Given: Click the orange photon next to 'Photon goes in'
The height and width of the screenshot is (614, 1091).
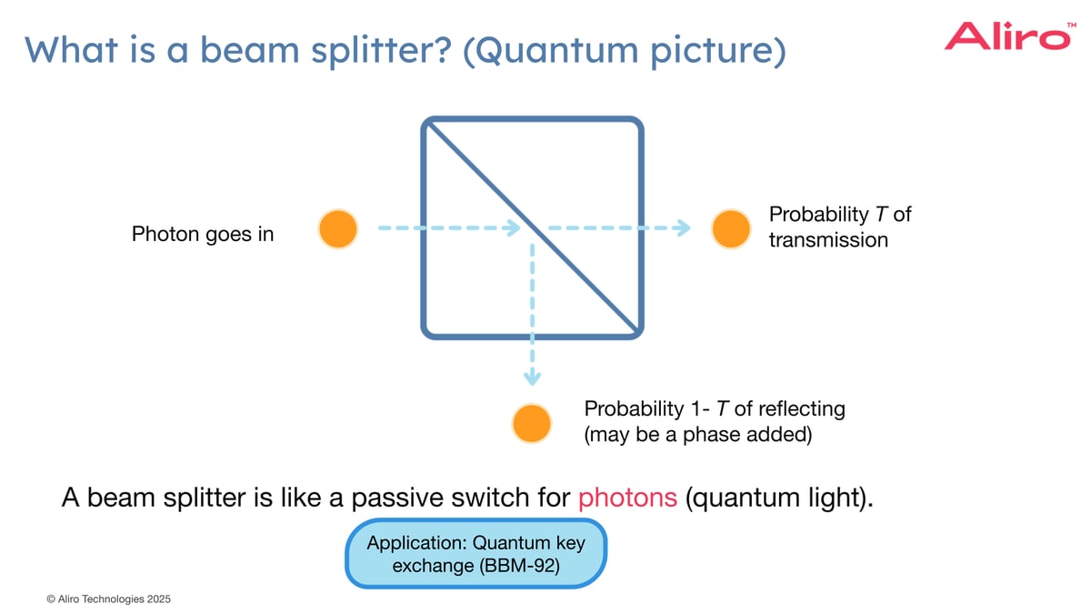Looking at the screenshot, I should pyautogui.click(x=337, y=228).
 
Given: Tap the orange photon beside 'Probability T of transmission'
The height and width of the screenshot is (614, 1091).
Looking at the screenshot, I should pyautogui.click(x=730, y=228).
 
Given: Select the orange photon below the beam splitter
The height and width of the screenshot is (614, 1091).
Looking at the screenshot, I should pyautogui.click(x=531, y=422).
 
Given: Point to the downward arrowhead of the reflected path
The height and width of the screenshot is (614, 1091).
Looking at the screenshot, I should pyautogui.click(x=532, y=377).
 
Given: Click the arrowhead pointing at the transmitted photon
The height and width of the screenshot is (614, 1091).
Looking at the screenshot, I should pyautogui.click(x=684, y=228).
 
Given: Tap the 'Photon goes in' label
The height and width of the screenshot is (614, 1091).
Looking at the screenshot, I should pyautogui.click(x=203, y=235).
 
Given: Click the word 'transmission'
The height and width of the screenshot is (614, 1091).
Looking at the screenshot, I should pyautogui.click(x=828, y=240).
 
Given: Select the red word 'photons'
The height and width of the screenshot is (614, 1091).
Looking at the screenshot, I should pyautogui.click(x=627, y=498).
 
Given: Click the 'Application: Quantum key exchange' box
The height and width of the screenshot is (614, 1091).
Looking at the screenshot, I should pyautogui.click(x=475, y=554).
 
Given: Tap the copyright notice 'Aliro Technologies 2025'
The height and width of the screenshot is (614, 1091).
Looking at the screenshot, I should pyautogui.click(x=108, y=599).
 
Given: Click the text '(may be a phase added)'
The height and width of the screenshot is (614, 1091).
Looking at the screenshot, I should pyautogui.click(x=697, y=434).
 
